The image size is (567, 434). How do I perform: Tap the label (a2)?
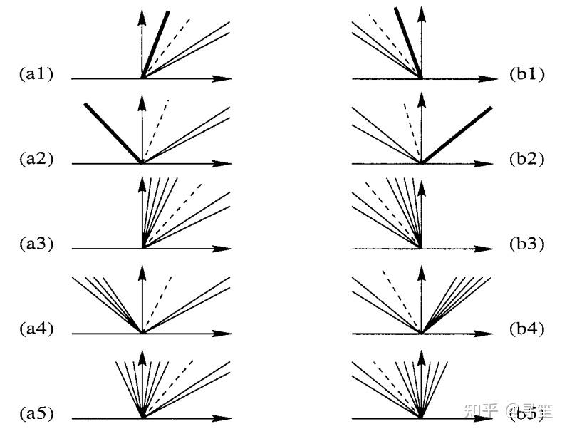(36, 160)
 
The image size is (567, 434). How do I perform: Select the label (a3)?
(36, 244)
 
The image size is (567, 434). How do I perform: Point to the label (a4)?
(36, 329)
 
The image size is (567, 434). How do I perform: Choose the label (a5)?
(36, 414)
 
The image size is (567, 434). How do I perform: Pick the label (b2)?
(527, 160)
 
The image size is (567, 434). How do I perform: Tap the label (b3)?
(527, 244)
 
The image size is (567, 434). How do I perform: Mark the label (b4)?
(527, 329)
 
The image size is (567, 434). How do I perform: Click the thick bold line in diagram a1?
(157, 43)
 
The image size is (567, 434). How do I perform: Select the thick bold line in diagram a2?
(114, 134)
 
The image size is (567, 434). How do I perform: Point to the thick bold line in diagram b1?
(407, 43)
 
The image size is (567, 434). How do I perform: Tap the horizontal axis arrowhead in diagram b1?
(491, 78)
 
